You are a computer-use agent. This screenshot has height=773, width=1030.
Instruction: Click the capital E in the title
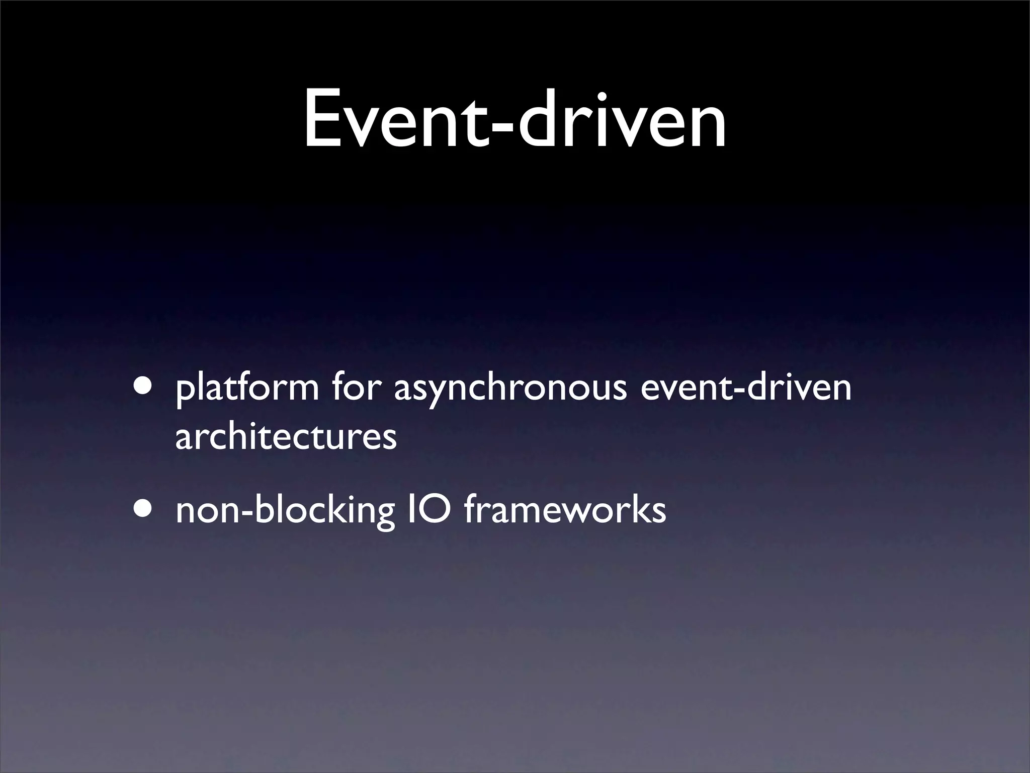[322, 120]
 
